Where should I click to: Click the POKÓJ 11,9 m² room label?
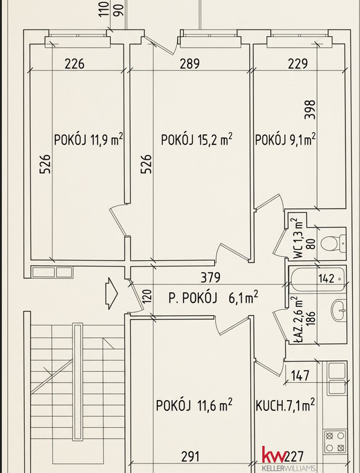(88, 140)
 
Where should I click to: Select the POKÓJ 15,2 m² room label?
(197, 139)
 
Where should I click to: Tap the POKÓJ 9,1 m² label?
(285, 140)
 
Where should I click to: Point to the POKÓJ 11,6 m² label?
(194, 405)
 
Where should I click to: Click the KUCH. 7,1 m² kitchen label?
(285, 405)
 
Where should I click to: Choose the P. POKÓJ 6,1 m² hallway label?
(213, 298)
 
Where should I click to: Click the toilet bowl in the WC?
(333, 243)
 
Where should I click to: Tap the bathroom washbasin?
(338, 310)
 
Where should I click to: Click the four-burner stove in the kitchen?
(335, 442)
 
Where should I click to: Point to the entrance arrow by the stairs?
(111, 293)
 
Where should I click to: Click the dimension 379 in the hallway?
(211, 278)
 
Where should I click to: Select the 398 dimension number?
(310, 110)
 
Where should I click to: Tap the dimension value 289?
(190, 64)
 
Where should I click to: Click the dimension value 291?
(191, 457)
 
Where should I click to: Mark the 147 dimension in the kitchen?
(300, 375)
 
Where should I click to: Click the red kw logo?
(274, 454)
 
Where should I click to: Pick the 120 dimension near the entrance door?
(146, 296)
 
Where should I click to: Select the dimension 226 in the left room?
(75, 64)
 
